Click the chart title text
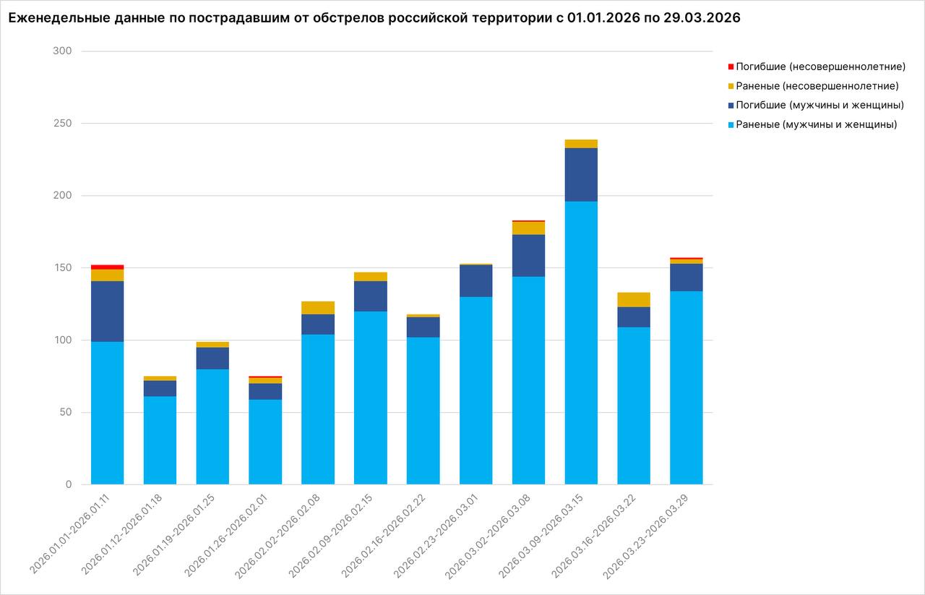point(374,19)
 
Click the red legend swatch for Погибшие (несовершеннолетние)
point(731,67)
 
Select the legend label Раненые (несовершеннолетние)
point(817,86)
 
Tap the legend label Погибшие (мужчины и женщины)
point(819,106)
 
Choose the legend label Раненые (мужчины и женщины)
point(816,124)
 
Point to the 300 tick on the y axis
point(63,51)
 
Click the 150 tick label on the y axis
point(63,268)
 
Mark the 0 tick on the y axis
point(69,484)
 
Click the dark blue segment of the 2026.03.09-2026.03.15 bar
point(581,174)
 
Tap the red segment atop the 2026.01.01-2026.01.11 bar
point(107,267)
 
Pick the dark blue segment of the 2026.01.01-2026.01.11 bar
point(107,311)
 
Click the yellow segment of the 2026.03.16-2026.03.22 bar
point(634,299)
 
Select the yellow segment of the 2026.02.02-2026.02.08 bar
point(318,308)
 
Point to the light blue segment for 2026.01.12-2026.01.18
point(160,440)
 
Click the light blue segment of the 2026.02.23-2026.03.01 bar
point(476,390)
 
